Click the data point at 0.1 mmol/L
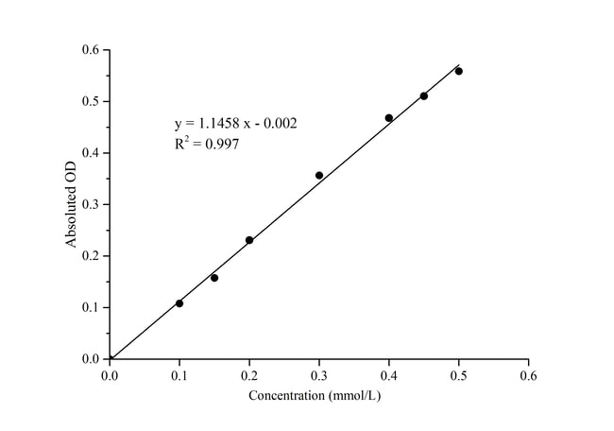pos(179,303)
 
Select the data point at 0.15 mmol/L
pos(214,278)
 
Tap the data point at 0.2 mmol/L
pos(249,240)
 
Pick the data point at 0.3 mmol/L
pos(319,175)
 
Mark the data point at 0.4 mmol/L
pos(389,118)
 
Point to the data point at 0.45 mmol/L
pos(424,95)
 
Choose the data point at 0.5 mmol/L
pos(459,71)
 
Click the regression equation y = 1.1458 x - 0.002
pos(236,124)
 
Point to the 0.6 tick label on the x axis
pos(529,374)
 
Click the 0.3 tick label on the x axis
pos(319,374)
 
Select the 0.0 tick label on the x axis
pos(110,374)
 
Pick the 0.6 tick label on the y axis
pos(90,50)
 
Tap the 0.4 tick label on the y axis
pos(90,153)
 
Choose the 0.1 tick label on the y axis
pos(90,307)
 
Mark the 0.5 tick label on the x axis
pos(459,374)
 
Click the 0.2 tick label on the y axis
pos(90,256)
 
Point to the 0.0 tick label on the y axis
pos(90,359)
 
